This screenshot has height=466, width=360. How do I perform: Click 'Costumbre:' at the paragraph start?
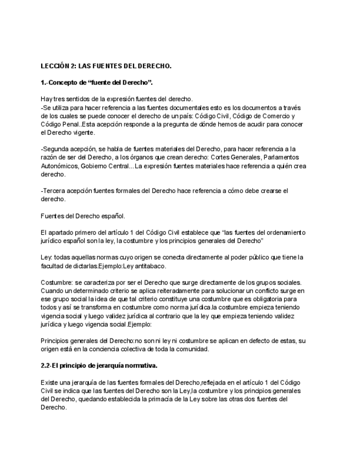click(x=57, y=282)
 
